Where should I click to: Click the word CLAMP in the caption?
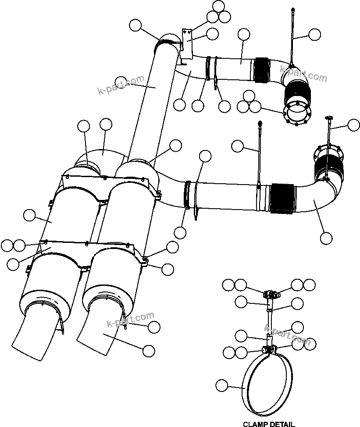[255, 423]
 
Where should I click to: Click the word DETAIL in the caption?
[282, 423]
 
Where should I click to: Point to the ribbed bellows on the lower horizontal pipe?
[281, 199]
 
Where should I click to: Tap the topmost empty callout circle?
[218, 6]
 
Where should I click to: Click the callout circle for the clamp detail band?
[222, 386]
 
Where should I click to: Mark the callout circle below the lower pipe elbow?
[326, 238]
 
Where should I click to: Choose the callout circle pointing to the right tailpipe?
[149, 350]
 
